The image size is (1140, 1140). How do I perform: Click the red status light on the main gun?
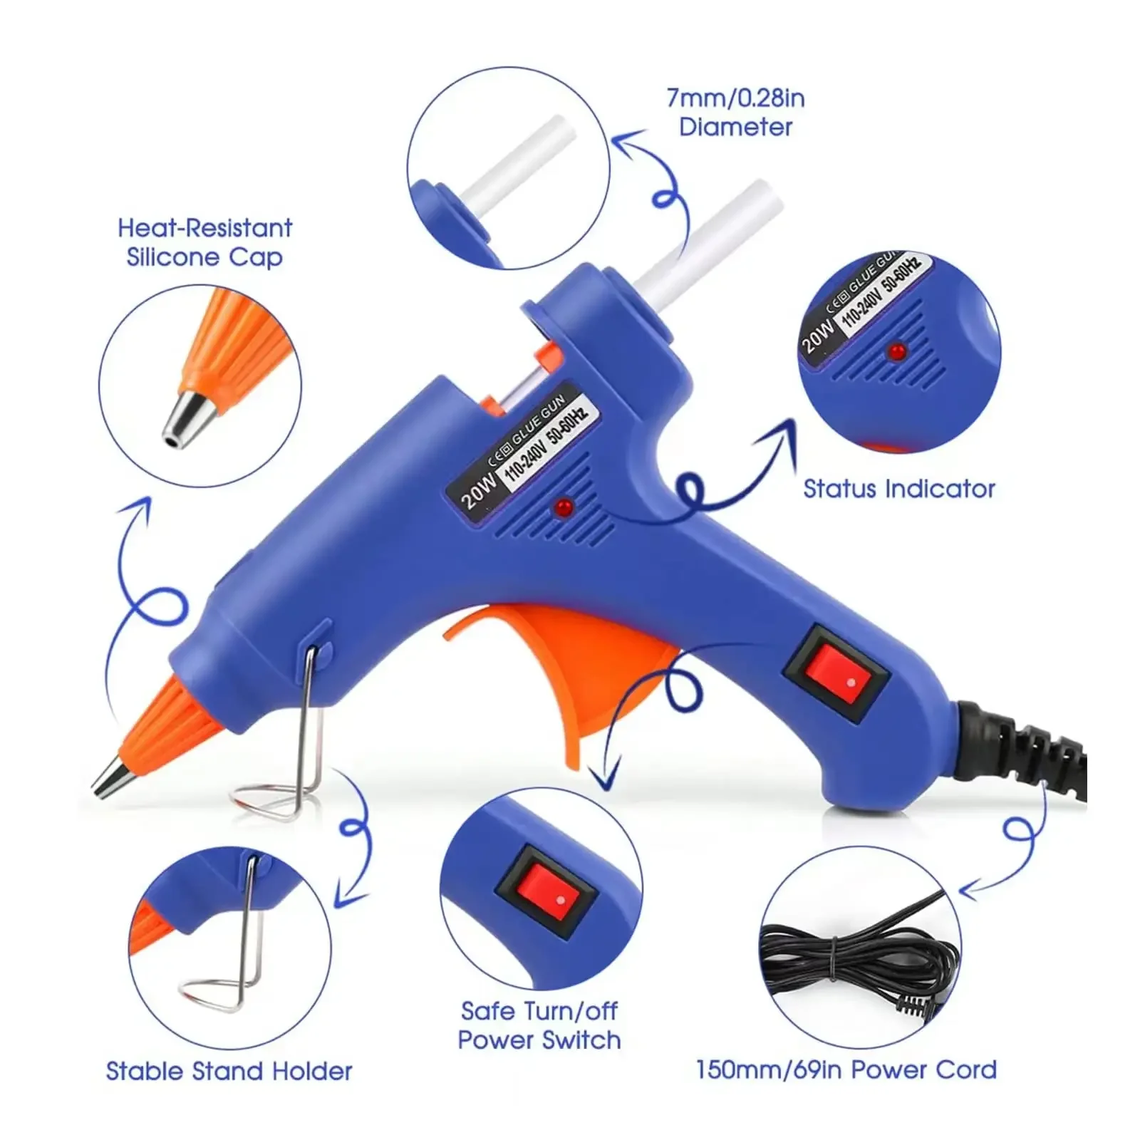[x=564, y=507]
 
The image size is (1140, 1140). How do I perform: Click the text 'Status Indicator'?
[x=898, y=489]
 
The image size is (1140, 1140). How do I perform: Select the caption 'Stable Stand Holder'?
[x=229, y=1071]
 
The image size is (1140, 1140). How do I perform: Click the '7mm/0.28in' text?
[x=735, y=98]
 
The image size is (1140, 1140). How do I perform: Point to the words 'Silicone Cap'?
[x=204, y=256]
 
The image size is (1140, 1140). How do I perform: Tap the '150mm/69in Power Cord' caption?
[x=846, y=1069]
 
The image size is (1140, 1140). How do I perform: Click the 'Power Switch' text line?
[x=539, y=1040]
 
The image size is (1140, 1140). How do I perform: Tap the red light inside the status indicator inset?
[x=897, y=352]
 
